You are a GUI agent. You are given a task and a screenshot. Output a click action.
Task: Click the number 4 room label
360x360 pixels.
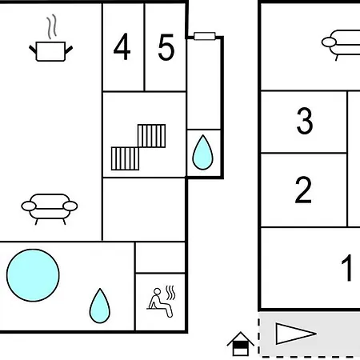(122, 46)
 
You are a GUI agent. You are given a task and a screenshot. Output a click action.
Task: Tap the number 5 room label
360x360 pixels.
(166, 47)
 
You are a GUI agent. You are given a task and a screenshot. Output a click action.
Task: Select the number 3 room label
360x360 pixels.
(305, 121)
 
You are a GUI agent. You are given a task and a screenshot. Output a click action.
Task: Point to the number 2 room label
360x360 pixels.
(303, 190)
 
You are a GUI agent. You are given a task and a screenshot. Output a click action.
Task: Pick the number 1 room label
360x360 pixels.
(347, 267)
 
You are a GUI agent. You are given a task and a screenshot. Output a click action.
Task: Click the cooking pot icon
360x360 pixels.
(50, 51)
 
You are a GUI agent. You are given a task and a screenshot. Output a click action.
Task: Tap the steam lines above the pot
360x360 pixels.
(52, 26)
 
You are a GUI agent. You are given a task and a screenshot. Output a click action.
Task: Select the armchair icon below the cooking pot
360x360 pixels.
(50, 209)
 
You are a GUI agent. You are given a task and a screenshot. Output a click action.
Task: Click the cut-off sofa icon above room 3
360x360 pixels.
(341, 45)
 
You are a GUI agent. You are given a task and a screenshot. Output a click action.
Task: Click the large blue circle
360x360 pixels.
(33, 275)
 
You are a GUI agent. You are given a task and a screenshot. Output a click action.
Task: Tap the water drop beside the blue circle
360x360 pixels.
(100, 306)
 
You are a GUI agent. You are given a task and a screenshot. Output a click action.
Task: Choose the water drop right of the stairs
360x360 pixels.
(202, 152)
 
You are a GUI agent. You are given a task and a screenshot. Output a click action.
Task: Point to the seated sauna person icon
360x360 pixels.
(162, 302)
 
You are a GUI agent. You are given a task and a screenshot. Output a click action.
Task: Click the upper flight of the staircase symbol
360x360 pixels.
(151, 136)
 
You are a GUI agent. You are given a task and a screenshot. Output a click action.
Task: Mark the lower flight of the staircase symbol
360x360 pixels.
(125, 158)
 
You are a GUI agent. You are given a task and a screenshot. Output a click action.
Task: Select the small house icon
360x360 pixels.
(240, 344)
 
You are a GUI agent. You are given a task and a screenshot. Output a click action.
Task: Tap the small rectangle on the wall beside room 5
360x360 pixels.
(205, 36)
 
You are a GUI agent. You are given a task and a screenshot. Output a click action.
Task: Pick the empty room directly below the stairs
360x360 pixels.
(144, 210)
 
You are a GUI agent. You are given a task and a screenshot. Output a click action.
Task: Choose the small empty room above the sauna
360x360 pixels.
(160, 258)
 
